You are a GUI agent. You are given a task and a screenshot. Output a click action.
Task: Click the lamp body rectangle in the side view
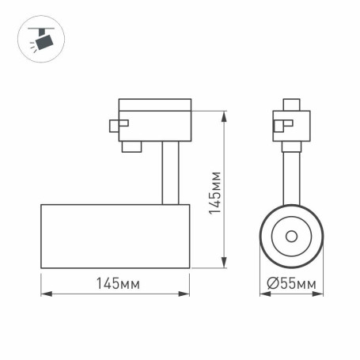(115, 236)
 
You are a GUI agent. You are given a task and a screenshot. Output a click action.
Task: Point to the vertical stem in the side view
(169, 172)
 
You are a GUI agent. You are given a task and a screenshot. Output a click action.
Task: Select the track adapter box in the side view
(155, 119)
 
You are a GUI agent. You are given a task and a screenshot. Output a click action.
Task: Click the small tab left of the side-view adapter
(116, 124)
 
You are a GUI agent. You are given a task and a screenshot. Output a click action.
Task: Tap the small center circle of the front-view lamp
(291, 236)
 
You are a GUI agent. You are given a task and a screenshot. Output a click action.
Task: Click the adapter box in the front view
(290, 125)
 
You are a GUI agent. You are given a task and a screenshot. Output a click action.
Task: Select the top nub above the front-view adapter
(290, 103)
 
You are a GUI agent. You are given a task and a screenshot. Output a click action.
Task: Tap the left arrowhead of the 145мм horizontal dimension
(44, 295)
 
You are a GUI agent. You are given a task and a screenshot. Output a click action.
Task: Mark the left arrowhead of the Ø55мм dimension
(263, 295)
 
